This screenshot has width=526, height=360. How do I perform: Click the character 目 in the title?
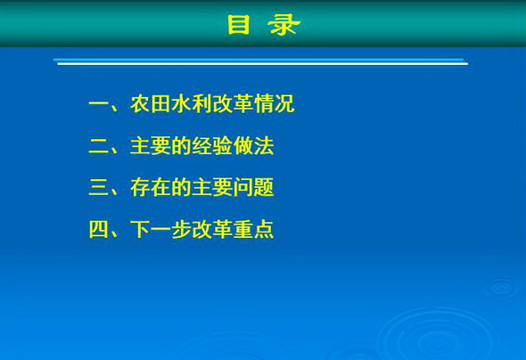coord(239,24)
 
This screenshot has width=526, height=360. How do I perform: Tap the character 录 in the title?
coord(284,24)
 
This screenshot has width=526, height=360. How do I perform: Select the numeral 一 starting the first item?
coord(99,104)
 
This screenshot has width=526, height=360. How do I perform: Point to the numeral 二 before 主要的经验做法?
coord(99,146)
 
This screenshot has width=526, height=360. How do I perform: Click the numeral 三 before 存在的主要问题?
coord(99,187)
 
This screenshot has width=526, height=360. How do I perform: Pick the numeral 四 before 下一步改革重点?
coord(99,229)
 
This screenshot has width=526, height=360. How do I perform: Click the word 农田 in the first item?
coord(151,104)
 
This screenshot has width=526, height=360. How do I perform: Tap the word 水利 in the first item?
coord(192,104)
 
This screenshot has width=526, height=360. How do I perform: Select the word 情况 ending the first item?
coord(275,104)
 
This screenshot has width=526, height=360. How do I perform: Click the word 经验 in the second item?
coord(212,146)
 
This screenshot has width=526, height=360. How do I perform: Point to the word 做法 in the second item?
coord(253,146)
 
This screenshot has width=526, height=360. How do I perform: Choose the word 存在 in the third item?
coord(151,187)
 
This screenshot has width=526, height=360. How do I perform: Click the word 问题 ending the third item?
coord(253,187)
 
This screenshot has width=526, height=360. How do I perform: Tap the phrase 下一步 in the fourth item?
coord(160,229)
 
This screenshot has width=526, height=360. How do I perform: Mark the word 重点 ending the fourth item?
coord(253,229)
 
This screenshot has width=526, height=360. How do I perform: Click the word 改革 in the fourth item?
coord(212,229)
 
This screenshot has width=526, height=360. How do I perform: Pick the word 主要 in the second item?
coord(151,146)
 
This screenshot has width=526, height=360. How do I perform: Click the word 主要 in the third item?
coord(212,187)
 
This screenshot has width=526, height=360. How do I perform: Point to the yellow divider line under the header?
coord(263,63)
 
